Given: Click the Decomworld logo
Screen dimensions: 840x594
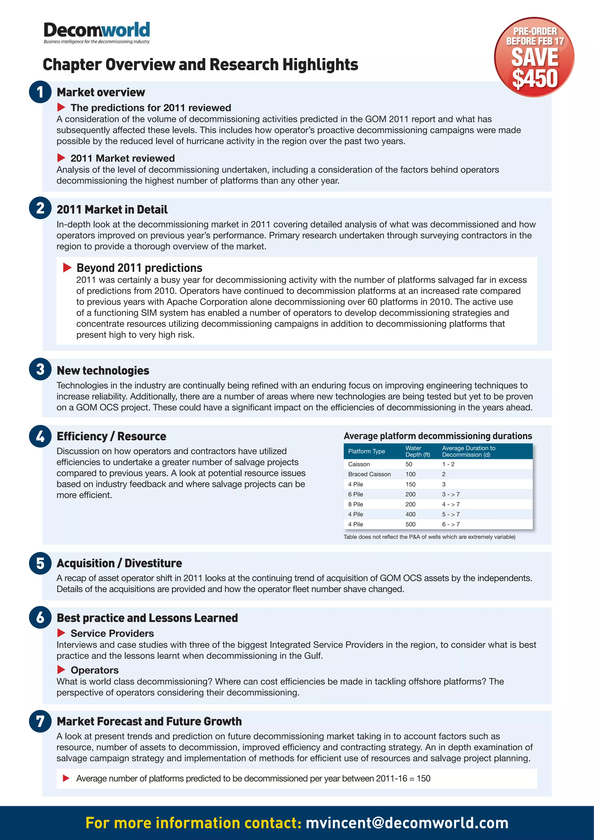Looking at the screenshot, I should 97,32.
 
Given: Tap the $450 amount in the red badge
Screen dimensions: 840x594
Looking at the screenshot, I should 535,78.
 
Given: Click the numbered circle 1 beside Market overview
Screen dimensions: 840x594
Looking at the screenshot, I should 40,92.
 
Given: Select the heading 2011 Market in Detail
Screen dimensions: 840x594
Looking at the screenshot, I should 112,210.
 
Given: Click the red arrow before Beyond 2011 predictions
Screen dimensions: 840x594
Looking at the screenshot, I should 67,267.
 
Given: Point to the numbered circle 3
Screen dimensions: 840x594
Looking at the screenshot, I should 40,369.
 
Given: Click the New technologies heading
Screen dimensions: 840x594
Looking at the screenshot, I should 103,371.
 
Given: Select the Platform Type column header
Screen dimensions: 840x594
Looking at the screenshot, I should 367,451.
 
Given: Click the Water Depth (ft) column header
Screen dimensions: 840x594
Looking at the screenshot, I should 417,451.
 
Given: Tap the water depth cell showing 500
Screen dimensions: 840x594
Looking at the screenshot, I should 410,524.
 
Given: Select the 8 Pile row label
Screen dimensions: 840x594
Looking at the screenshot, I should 356,504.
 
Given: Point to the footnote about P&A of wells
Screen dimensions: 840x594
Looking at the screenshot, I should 429,537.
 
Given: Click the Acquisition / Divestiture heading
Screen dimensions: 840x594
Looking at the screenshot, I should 119,563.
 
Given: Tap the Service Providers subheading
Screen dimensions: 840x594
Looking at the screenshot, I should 112,633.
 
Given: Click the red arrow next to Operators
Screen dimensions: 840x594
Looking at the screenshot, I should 61,669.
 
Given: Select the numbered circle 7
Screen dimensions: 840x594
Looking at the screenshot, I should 40,721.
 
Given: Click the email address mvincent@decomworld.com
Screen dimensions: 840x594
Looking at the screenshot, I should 407,823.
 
